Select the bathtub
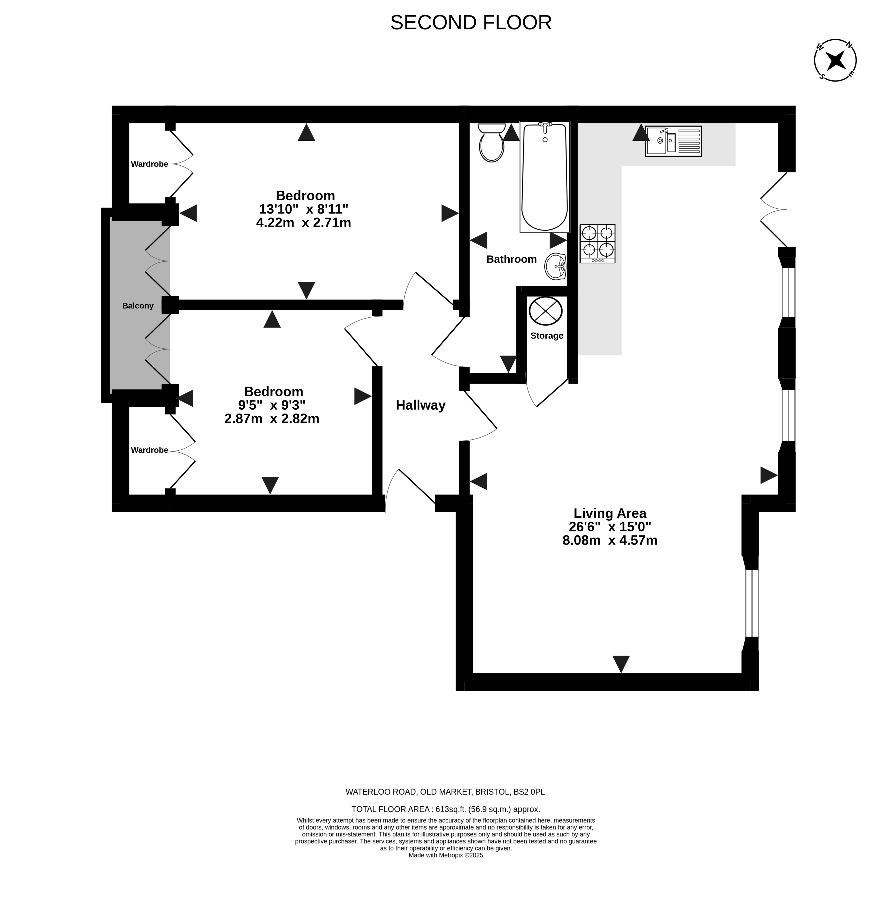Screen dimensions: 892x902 click(x=545, y=176)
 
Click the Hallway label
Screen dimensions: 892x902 click(x=420, y=405)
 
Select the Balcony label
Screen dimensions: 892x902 click(x=138, y=306)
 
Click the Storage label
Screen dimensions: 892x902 click(x=546, y=336)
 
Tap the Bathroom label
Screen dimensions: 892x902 click(x=511, y=259)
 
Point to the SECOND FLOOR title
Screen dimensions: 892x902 click(x=471, y=22)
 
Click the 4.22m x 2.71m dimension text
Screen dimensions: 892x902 click(x=304, y=223)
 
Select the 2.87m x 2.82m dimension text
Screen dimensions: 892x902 click(x=272, y=419)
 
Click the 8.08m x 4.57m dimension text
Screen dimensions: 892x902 click(x=610, y=540)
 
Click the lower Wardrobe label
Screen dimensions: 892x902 click(x=149, y=450)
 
